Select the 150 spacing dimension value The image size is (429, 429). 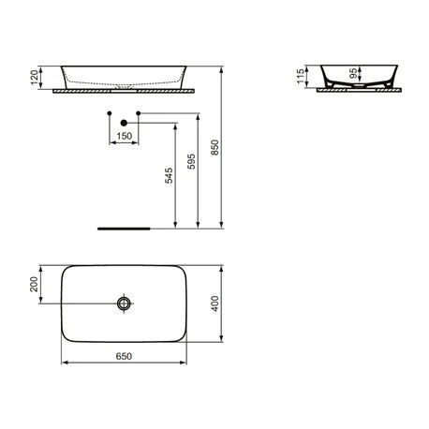(124, 137)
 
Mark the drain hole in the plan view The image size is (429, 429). (124, 303)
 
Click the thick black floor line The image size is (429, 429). (125, 227)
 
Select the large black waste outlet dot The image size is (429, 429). (123, 122)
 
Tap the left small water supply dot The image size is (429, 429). (110, 114)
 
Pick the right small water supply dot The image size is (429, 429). (138, 114)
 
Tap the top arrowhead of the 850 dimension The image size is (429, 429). (220, 68)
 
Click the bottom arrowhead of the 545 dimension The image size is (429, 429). (176, 224)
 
